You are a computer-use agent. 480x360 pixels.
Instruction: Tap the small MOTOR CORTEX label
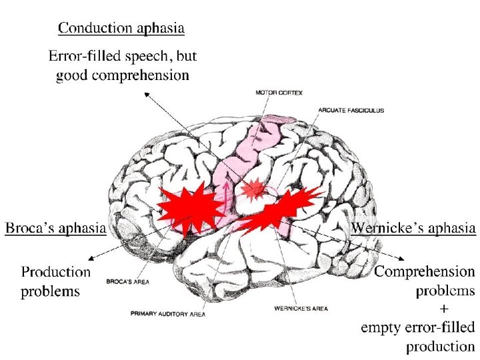[x=279, y=93]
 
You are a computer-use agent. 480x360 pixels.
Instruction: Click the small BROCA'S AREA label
[x=127, y=282]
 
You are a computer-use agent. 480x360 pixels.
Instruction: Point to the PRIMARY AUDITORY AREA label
[x=169, y=313]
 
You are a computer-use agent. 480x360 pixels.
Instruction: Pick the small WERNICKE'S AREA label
[x=301, y=309]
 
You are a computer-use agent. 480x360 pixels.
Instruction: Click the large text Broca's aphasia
[x=55, y=229]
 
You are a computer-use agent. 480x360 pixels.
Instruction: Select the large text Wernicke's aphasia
[x=413, y=229]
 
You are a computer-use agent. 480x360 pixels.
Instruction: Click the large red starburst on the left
[x=190, y=209]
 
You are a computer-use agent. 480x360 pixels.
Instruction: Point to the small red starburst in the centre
[x=253, y=191]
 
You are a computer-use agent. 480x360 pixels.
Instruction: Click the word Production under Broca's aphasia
[x=56, y=272]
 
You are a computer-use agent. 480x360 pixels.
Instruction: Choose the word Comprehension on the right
[x=425, y=272]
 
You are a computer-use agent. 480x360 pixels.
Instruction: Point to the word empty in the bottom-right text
[x=383, y=327]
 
